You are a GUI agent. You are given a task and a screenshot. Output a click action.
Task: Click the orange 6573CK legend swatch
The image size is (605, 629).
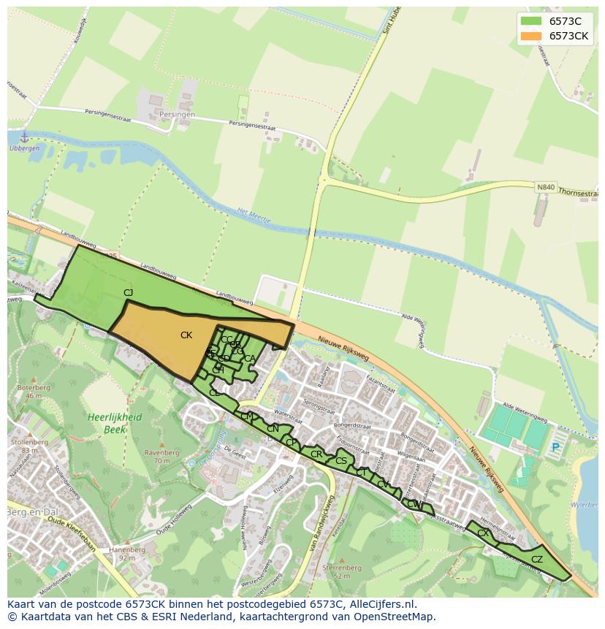tap(530, 37)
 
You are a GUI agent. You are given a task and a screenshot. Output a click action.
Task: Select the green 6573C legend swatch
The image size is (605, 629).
tap(530, 21)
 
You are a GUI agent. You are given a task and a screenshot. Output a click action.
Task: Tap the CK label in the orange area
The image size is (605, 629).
tap(186, 335)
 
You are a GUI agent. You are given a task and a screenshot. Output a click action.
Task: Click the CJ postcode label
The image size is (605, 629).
tap(129, 293)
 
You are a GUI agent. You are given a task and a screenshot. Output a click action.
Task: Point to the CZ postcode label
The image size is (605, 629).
tap(537, 560)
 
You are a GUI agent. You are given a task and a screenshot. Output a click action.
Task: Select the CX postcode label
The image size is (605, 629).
tap(483, 533)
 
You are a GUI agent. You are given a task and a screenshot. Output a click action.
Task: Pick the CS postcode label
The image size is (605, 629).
tap(341, 461)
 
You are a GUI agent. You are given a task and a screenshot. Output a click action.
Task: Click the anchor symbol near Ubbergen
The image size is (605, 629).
tap(24, 137)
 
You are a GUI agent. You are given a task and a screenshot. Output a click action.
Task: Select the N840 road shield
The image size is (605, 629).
tap(545, 187)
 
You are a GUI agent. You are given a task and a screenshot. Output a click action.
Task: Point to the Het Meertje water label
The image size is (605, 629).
tap(254, 216)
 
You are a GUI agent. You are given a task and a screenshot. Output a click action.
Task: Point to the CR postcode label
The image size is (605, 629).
tap(316, 454)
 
